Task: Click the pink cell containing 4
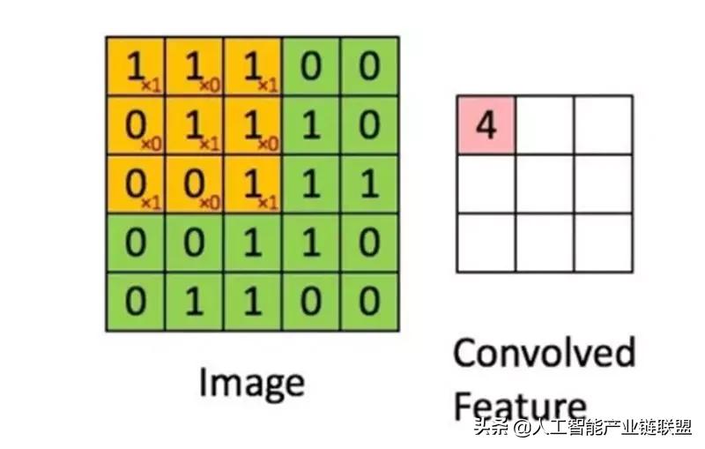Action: click(486, 125)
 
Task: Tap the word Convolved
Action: click(544, 353)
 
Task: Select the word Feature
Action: click(519, 406)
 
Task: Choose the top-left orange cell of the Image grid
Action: click(135, 66)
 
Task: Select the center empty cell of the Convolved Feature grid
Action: click(544, 183)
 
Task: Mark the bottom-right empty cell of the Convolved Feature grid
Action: click(603, 243)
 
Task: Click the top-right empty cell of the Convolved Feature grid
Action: click(603, 125)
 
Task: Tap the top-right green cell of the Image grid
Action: click(369, 66)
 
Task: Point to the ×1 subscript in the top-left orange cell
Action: click(151, 85)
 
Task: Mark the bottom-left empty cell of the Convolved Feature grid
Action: click(486, 243)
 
